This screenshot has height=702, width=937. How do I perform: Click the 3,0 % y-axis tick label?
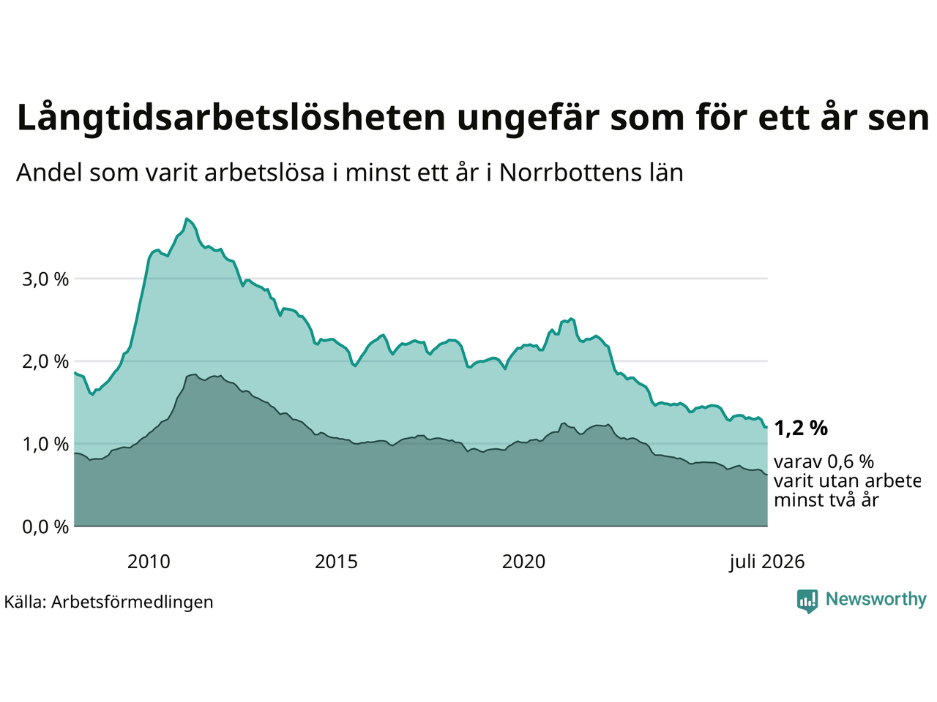click(x=45, y=279)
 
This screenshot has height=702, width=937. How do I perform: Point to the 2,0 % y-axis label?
click(x=45, y=362)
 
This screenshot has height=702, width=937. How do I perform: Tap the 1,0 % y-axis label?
click(x=45, y=445)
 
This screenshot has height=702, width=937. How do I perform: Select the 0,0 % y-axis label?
click(x=45, y=527)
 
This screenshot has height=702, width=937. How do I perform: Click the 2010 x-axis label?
click(x=149, y=562)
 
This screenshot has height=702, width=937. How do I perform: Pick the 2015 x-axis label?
click(x=336, y=562)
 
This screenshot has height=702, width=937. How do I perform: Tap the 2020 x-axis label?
click(x=523, y=562)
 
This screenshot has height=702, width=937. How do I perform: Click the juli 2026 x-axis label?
click(x=766, y=562)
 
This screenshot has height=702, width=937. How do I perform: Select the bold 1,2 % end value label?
click(x=801, y=429)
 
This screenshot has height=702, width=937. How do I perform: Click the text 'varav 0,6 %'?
click(x=824, y=461)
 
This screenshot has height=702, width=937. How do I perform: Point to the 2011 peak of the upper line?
click(x=186, y=219)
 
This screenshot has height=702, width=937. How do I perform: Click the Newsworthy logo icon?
click(x=807, y=601)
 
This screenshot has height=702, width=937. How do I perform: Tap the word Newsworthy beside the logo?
click(x=876, y=600)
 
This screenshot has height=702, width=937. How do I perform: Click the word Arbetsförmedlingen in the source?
click(x=132, y=603)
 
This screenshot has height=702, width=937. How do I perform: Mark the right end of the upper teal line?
click(x=766, y=427)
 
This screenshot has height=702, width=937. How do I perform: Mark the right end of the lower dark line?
click(x=766, y=475)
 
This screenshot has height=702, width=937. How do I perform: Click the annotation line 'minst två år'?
click(x=826, y=500)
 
